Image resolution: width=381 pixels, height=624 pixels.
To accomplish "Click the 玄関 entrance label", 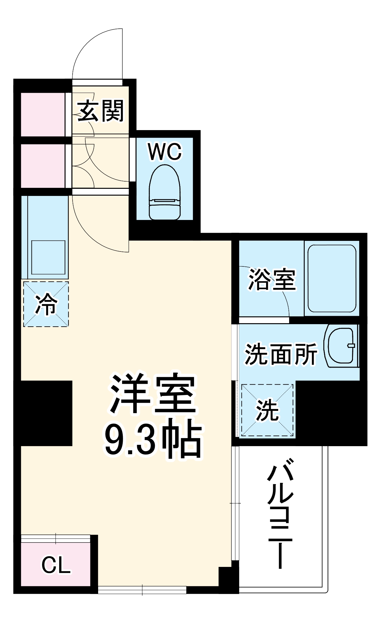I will point(100,111).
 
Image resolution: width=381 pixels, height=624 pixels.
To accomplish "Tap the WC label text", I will point(165,152).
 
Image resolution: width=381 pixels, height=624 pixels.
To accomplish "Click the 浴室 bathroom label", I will point(272,280).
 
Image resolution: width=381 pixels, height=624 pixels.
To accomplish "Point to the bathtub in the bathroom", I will point(332,278).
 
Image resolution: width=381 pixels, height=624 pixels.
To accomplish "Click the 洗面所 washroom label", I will point(281,354).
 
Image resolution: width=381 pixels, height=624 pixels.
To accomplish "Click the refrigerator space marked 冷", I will point(46,304).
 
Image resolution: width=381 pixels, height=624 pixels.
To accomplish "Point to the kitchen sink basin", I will point(48,257).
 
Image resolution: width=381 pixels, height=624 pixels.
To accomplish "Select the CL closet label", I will point(56,564).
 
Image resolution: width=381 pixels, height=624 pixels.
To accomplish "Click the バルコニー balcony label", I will point(280,512).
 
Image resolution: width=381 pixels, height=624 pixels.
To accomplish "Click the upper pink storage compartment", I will point(43,114).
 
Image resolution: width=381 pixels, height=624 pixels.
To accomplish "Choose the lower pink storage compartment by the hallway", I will point(43,165).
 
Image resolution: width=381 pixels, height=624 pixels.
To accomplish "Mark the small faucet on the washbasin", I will point(351,345).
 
